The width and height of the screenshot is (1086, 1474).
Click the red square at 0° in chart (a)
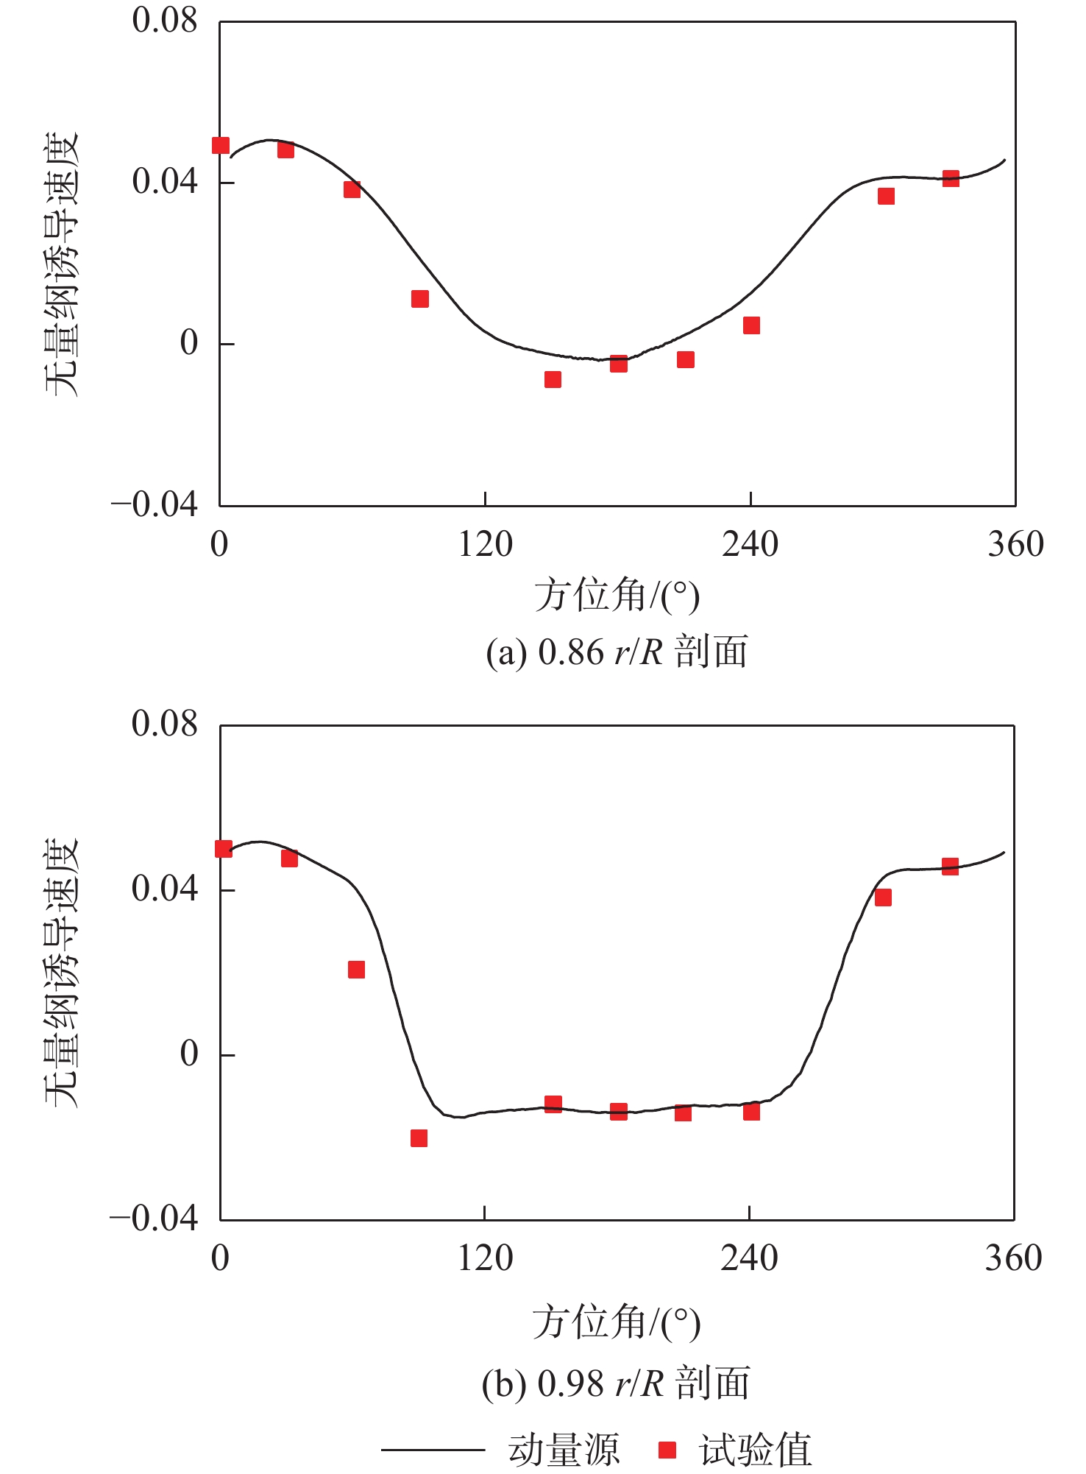221,145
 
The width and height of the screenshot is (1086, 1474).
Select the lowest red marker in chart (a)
553,379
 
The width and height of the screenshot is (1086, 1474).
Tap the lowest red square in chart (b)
419,1138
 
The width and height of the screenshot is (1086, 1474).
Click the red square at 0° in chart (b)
223,849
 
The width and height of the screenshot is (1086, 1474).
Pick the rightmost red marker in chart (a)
951,178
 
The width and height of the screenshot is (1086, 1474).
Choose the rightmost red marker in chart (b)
950,866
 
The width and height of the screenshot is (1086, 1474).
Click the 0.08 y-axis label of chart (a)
165,21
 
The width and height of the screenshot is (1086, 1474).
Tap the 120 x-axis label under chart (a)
485,545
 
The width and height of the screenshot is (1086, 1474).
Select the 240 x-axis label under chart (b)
749,1258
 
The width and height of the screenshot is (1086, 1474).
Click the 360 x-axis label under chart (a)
1015,545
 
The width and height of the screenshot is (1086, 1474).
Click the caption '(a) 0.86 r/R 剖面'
617,652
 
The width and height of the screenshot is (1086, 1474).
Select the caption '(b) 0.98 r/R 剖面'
616,1383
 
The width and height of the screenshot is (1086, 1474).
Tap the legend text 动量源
564,1450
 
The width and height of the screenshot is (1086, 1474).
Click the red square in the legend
667,1450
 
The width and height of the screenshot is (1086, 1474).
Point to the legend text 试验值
756,1450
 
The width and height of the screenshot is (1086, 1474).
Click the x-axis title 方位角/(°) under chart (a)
617,596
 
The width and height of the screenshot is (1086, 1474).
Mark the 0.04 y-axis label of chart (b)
165,889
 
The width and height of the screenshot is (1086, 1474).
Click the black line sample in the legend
433,1450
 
